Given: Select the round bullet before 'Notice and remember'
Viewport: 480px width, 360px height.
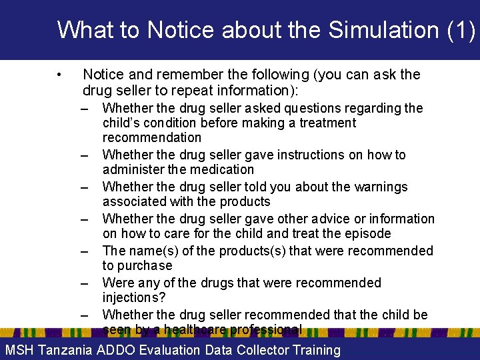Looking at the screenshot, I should click(60, 75).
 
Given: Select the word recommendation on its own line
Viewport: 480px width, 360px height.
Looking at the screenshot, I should click(151, 137).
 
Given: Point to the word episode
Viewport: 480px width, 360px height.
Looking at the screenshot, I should click(369, 233).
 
